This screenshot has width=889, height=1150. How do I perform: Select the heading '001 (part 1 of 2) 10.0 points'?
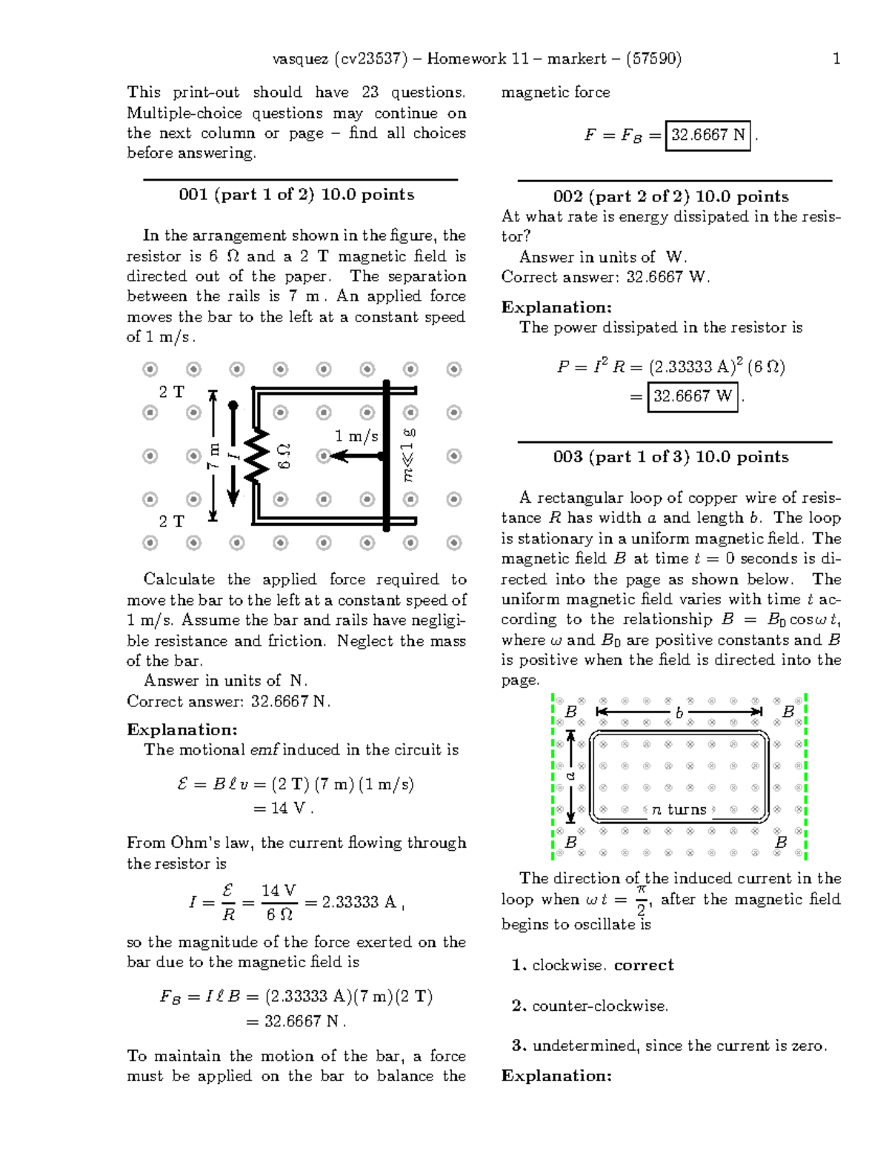(x=296, y=195)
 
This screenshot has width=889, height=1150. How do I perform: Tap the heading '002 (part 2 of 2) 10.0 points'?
(x=670, y=197)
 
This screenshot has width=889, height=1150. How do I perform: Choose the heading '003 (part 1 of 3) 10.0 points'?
(x=670, y=457)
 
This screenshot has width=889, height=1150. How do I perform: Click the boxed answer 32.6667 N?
(x=708, y=136)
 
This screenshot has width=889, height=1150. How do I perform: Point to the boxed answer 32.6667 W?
(x=693, y=396)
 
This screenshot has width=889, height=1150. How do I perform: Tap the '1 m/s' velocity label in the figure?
(x=356, y=436)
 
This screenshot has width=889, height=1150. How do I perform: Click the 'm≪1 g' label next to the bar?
(x=408, y=454)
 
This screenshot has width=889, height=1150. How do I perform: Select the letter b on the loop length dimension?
(x=679, y=713)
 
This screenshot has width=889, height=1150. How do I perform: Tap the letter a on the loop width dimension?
(x=570, y=776)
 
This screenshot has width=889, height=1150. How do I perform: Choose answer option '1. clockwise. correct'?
(x=592, y=966)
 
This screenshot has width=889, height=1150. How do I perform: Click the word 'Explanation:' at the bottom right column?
(x=556, y=1076)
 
